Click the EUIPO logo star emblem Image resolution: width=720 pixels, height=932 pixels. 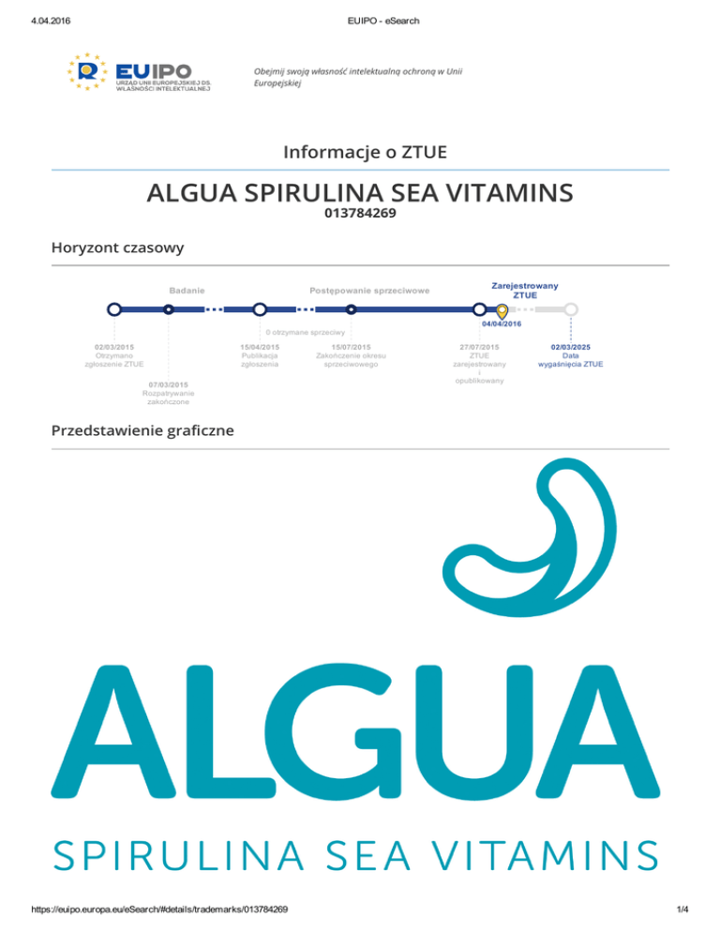click(x=87, y=71)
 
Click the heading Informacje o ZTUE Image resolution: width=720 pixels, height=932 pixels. click(x=365, y=152)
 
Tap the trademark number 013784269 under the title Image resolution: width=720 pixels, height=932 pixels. click(x=360, y=213)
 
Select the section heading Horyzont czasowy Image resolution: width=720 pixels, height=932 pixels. click(x=118, y=248)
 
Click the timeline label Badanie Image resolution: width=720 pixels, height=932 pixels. click(x=187, y=291)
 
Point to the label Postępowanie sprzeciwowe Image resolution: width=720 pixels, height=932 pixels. click(x=369, y=291)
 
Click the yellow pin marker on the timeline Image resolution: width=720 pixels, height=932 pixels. click(x=502, y=311)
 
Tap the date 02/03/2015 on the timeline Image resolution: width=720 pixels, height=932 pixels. click(x=114, y=347)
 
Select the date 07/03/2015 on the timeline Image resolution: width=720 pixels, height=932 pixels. click(x=168, y=384)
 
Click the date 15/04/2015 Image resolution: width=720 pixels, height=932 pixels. click(x=260, y=347)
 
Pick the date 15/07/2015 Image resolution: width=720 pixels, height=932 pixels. click(x=351, y=347)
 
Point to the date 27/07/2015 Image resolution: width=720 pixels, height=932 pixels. click(x=479, y=347)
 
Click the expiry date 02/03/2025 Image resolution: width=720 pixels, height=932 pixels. click(x=571, y=347)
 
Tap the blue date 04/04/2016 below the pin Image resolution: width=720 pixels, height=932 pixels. click(x=502, y=323)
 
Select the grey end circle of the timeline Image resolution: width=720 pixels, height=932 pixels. click(x=571, y=309)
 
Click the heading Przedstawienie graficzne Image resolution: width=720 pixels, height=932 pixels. click(x=142, y=430)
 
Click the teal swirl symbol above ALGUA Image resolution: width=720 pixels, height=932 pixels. click(x=530, y=537)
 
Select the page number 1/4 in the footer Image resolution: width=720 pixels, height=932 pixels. click(x=682, y=909)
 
